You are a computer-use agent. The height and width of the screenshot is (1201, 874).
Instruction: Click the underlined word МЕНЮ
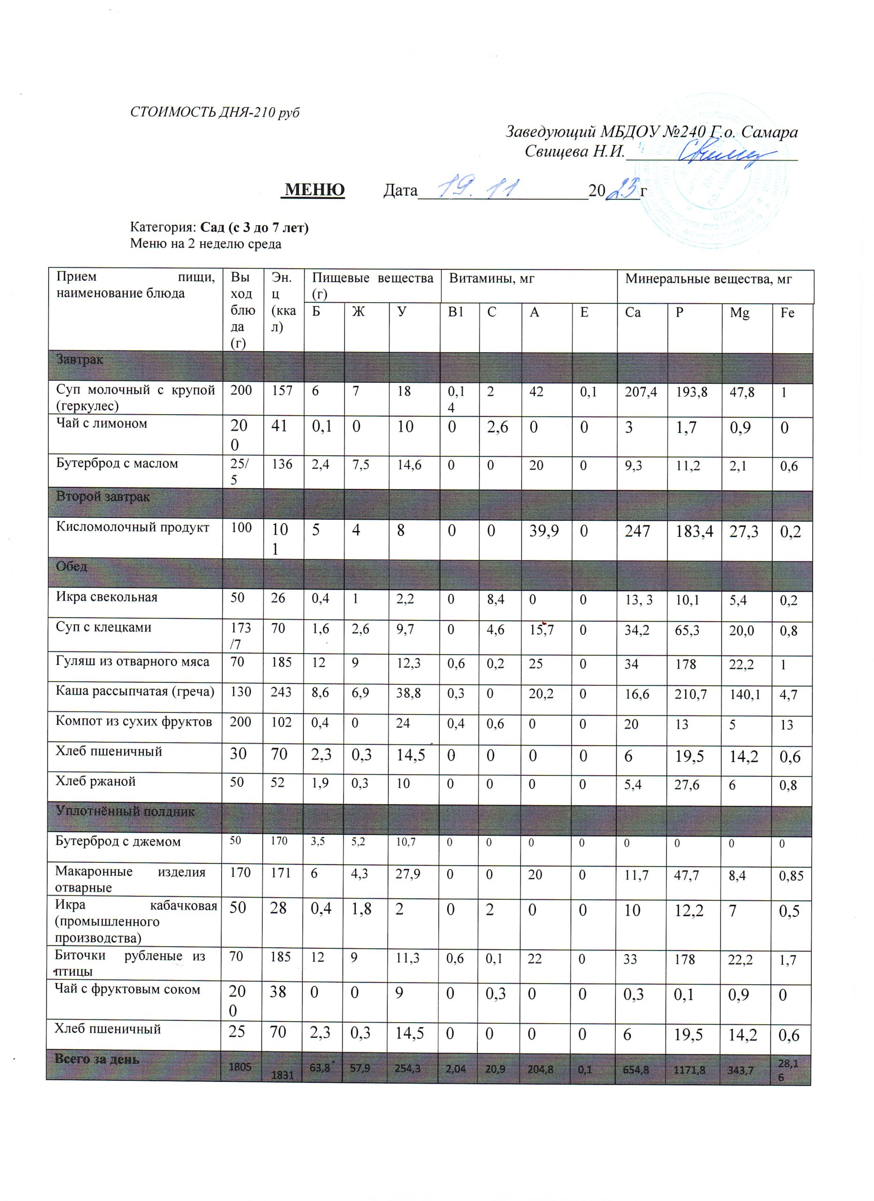click(314, 190)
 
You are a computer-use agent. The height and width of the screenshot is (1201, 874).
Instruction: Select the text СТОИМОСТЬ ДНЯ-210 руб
click(215, 112)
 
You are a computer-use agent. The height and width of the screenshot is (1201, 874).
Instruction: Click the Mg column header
click(739, 313)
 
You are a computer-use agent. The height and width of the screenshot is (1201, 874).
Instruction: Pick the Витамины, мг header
click(491, 279)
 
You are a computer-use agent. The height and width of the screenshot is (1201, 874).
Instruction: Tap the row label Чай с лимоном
click(102, 423)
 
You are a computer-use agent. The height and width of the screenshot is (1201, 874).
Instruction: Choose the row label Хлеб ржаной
click(96, 781)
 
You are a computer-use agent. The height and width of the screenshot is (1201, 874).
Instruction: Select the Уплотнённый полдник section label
click(125, 811)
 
